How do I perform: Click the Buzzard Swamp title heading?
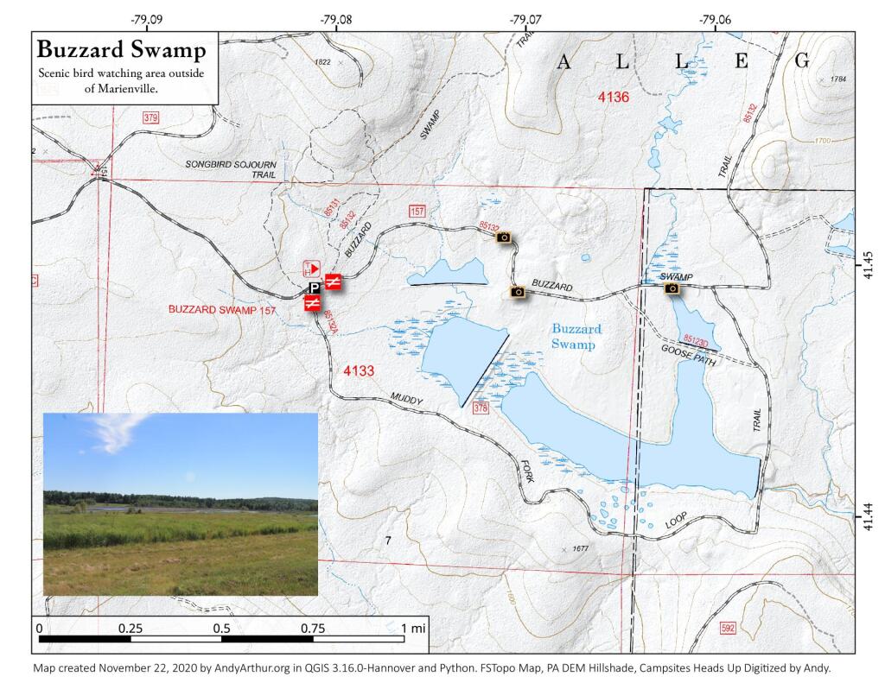121,50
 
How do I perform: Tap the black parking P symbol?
315,288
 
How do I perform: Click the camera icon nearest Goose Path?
672,288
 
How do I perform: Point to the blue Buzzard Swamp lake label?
576,337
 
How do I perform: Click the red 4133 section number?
359,371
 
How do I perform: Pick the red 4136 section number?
614,97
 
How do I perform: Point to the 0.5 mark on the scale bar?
222,628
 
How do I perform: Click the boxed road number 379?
151,117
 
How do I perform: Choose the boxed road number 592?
727,628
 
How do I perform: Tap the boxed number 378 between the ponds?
481,408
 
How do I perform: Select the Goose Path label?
689,355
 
